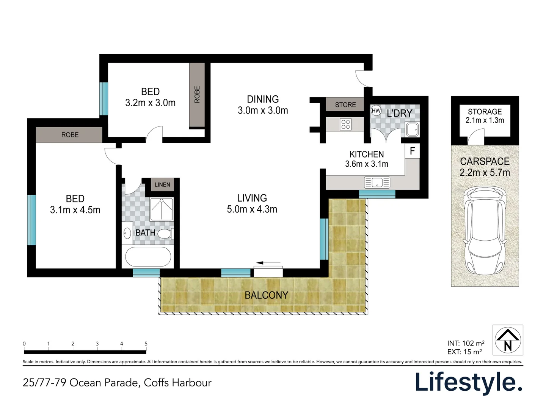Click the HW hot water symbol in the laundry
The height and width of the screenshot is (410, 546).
[x=376, y=111]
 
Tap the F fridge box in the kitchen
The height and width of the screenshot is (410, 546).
[x=412, y=151]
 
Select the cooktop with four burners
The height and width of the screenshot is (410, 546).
[x=345, y=124]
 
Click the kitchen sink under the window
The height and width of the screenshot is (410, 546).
[x=377, y=183]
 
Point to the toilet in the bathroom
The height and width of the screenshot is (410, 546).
[x=166, y=233]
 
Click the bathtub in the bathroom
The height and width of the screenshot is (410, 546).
[x=148, y=257]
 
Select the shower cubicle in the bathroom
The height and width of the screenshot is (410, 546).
[x=162, y=209]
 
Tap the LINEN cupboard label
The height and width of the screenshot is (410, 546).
[x=162, y=184]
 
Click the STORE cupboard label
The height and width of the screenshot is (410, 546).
[x=345, y=105]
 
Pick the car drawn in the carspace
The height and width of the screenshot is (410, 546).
[x=485, y=230]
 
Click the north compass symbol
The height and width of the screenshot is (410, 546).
[x=508, y=340]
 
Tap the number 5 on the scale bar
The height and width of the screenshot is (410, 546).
[x=146, y=344]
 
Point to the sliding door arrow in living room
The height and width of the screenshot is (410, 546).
[x=268, y=263]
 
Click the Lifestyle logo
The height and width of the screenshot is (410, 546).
[x=469, y=382]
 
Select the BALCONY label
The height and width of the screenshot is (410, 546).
[x=266, y=295]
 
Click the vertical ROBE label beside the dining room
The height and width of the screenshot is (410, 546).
[x=197, y=95]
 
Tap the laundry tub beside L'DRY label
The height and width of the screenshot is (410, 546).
[x=412, y=129]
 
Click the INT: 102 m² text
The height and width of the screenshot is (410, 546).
[x=465, y=343]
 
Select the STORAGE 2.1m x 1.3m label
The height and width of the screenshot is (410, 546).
[x=485, y=116]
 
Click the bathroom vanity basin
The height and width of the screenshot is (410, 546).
[x=127, y=233]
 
